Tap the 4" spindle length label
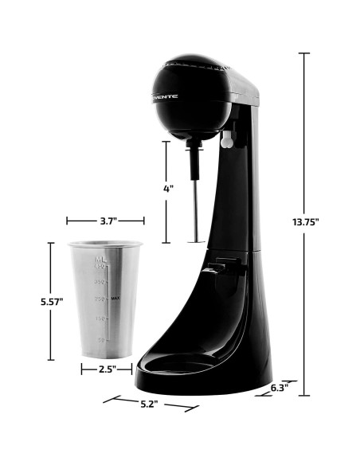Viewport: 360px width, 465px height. coord(168,190)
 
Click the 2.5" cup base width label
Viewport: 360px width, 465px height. coord(106,369)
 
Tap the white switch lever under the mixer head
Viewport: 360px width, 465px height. coord(226,141)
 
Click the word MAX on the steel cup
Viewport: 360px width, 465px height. coord(115,298)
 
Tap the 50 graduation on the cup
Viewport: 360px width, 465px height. coord(101,339)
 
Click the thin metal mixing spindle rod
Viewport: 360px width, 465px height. coord(194,195)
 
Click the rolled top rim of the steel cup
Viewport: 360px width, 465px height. coord(106,244)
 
